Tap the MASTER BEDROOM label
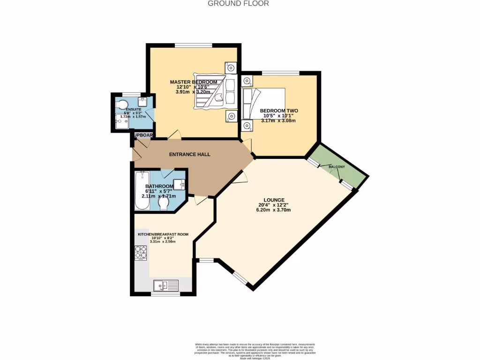pyautogui.click(x=193, y=82)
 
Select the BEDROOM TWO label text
pyautogui.click(x=279, y=111)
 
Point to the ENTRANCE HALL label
pyautogui.click(x=189, y=154)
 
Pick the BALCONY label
pyautogui.click(x=337, y=167)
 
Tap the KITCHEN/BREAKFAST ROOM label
pyautogui.click(x=163, y=234)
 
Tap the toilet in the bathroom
pyautogui.click(x=164, y=204)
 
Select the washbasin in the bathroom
pyautogui.click(x=179, y=183)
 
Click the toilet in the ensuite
pyautogui.click(x=123, y=103)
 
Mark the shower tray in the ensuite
pyautogui.click(x=121, y=122)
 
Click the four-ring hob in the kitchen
pyautogui.click(x=141, y=253)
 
